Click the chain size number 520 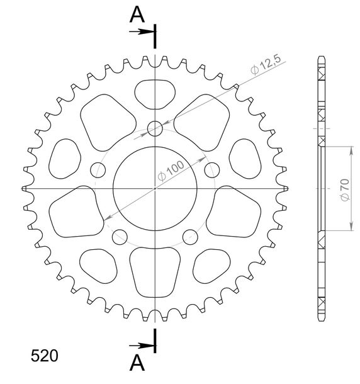(44, 356)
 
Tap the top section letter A (137, 14)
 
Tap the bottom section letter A (137, 363)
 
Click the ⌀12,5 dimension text (266, 64)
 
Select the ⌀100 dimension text (171, 171)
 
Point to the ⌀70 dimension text (345, 190)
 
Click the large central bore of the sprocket (155, 189)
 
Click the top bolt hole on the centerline (155, 128)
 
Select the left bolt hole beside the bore (98, 170)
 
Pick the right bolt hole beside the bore (212, 170)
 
